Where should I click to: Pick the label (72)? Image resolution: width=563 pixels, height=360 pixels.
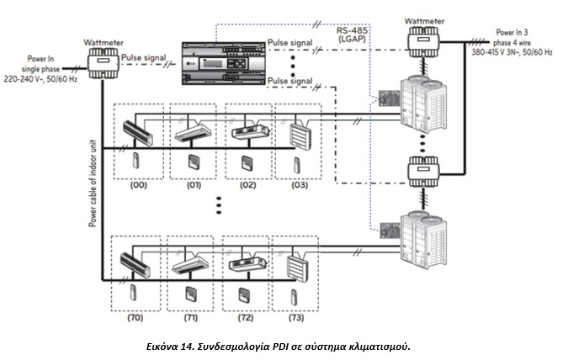tap(247, 320)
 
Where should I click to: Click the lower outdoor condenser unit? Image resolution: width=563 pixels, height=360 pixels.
tap(425, 235)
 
